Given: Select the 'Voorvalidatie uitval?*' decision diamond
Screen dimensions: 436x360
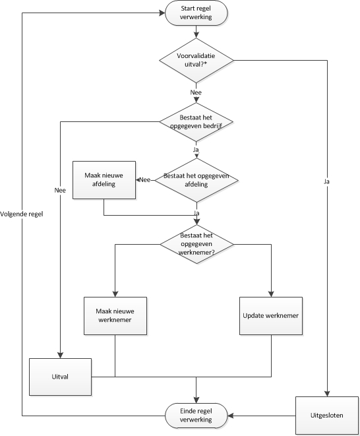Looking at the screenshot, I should pyautogui.click(x=196, y=61).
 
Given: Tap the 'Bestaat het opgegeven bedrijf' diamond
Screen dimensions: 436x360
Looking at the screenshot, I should pyautogui.click(x=196, y=121).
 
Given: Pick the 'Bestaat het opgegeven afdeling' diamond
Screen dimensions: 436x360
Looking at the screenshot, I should pyautogui.click(x=196, y=180).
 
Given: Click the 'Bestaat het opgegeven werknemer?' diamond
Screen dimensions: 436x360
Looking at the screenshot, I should pyautogui.click(x=196, y=243).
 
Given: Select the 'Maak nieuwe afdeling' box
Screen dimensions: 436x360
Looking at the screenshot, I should pyautogui.click(x=104, y=179).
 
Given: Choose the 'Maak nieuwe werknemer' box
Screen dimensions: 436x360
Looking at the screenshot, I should pyautogui.click(x=116, y=315).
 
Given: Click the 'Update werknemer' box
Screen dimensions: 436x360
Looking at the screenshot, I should pyautogui.click(x=271, y=315).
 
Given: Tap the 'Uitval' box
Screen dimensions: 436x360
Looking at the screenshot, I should pyautogui.click(x=61, y=377).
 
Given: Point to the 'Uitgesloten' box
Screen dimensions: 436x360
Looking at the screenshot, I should pyautogui.click(x=327, y=416).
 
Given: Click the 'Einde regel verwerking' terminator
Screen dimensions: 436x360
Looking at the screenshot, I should pyautogui.click(x=196, y=416).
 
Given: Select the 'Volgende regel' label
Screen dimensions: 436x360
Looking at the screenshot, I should pyautogui.click(x=22, y=214).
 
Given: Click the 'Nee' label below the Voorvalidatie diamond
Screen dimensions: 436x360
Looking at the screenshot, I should pyautogui.click(x=196, y=93).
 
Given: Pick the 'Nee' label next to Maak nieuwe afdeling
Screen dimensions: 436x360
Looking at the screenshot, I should pyautogui.click(x=145, y=179).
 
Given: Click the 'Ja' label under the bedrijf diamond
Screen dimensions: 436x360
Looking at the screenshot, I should pyautogui.click(x=196, y=150).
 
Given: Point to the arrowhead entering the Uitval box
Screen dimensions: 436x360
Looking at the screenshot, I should pyautogui.click(x=61, y=355).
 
